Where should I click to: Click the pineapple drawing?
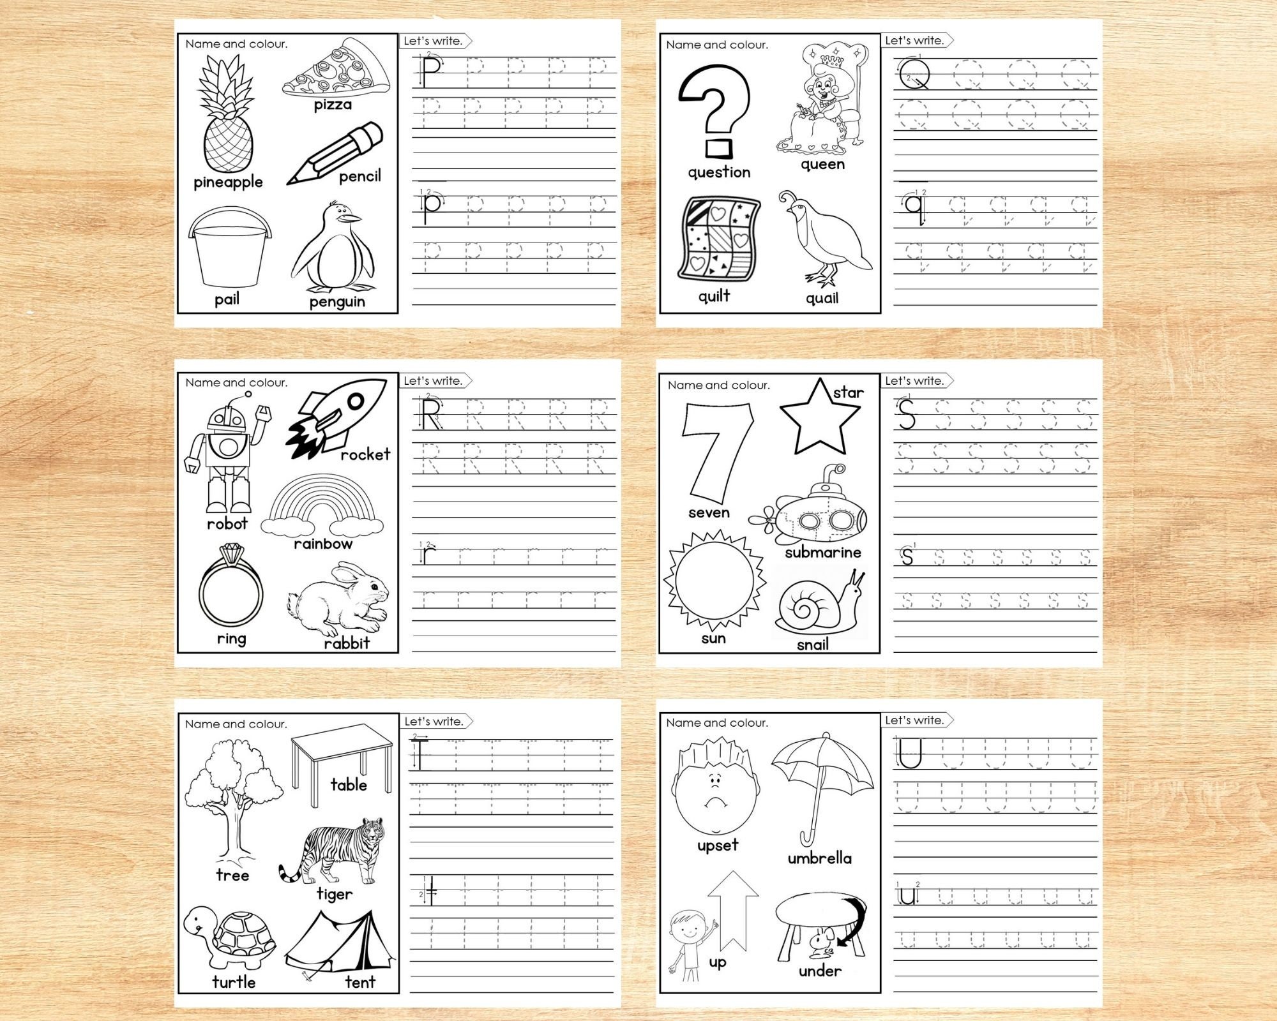[x=227, y=118]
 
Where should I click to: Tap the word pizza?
[x=333, y=104]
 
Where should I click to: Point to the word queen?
[x=822, y=165]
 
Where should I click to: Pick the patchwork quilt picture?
[x=718, y=242]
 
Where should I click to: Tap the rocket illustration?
[x=335, y=418]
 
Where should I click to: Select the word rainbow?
[x=323, y=544]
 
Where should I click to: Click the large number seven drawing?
[x=712, y=453]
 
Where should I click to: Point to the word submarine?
[x=823, y=553]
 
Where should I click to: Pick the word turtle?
[x=234, y=982]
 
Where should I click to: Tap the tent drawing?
[x=338, y=944]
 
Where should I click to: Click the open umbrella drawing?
[x=822, y=785]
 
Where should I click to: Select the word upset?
[x=718, y=846]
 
